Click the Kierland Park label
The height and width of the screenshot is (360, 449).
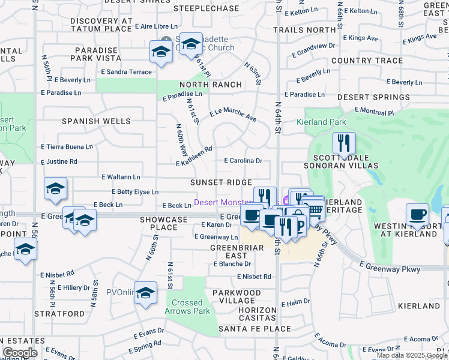click(321, 122)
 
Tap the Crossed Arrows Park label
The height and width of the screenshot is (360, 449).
click(187, 307)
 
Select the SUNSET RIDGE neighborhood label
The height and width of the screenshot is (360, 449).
click(221, 182)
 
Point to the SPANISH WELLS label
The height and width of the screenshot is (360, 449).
click(96, 121)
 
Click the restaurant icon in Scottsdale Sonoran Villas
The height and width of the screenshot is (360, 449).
click(344, 143)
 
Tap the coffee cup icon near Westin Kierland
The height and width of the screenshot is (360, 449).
click(417, 214)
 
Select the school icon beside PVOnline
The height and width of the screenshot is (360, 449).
click(145, 293)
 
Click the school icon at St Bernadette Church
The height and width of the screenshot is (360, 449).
click(191, 44)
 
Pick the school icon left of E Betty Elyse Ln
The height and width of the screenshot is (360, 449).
click(55, 188)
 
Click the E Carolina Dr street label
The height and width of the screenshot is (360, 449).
click(243, 161)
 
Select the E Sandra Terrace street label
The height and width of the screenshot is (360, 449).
click(126, 71)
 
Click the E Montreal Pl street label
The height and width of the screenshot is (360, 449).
click(373, 112)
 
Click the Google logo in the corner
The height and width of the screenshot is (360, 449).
click(19, 353)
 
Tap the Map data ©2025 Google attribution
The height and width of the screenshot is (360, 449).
click(412, 355)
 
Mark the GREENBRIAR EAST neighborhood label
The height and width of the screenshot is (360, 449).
click(229, 251)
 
